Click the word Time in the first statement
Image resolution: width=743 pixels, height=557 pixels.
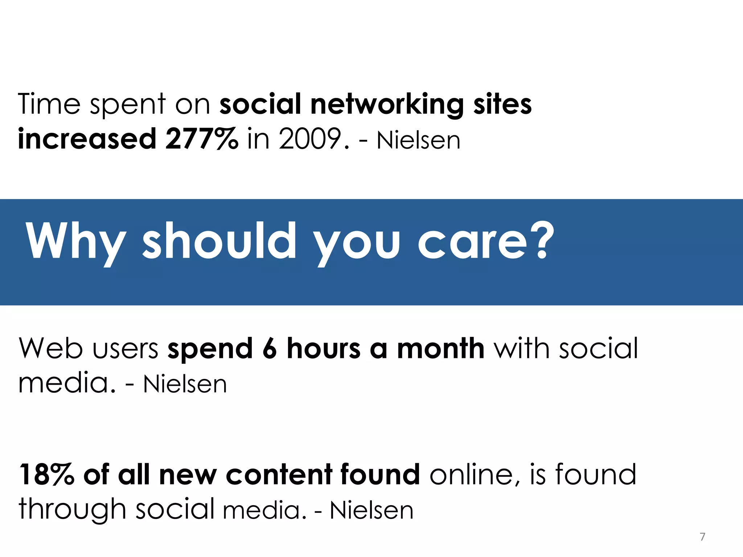49,104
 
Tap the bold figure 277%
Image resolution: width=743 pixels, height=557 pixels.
202,139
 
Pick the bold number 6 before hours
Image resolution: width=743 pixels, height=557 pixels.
270,348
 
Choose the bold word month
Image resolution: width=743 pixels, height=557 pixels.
440,348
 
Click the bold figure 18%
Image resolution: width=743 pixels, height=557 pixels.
46,474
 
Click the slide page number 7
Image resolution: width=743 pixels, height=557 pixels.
702,536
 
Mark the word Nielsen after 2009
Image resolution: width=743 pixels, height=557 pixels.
418,140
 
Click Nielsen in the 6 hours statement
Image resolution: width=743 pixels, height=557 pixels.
185,384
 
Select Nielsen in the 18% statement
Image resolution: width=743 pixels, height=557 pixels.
371,511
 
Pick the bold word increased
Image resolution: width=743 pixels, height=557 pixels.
87,139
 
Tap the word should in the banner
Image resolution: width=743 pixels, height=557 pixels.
219,241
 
